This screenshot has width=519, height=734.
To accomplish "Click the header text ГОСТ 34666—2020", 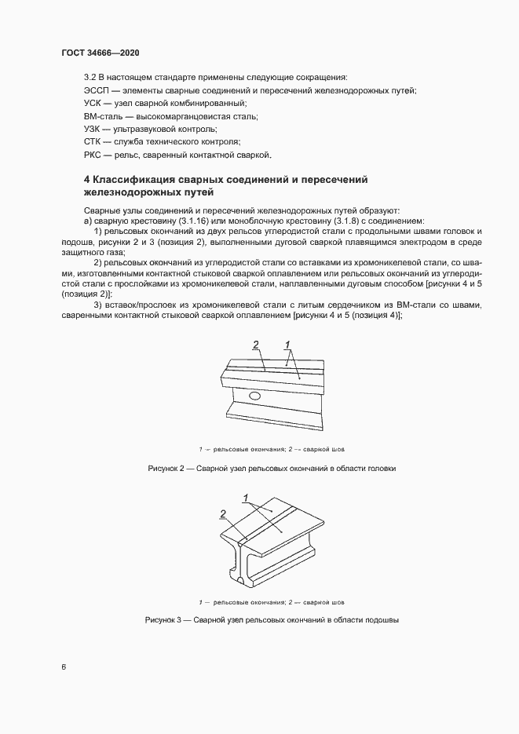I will (x=100, y=52).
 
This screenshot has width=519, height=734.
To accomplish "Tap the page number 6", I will (x=64, y=667).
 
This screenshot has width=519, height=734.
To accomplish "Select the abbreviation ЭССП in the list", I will (x=97, y=91).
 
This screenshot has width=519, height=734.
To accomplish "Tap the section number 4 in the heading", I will (x=87, y=180).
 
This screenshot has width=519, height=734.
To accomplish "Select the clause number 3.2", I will (x=90, y=77).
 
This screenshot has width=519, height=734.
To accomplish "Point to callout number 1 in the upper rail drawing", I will (x=288, y=343).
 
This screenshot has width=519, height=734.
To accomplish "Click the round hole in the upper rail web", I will (x=255, y=398).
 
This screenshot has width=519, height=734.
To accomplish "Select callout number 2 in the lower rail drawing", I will (x=223, y=513).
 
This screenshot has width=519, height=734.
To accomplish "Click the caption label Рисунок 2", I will (x=167, y=468).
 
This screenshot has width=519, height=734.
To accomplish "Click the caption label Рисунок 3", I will (x=164, y=620).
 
